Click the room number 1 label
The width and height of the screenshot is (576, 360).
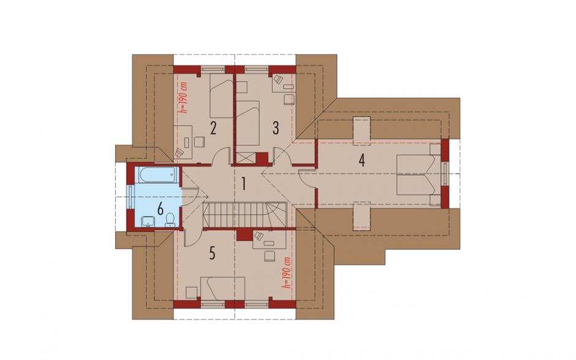[243, 183]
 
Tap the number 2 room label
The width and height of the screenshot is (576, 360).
[213, 128]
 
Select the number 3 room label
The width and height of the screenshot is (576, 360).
[276, 128]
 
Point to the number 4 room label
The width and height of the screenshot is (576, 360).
[362, 160]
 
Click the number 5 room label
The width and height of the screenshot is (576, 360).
[212, 253]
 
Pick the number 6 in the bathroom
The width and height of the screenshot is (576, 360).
[160, 209]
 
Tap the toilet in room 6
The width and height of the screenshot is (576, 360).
[170, 220]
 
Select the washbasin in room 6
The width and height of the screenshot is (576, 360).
[148, 221]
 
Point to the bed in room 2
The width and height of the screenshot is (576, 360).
[221, 96]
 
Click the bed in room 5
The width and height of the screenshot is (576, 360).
[222, 288]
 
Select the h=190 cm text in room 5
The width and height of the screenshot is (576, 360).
[287, 272]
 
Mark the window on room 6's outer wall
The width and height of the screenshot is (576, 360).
[130, 196]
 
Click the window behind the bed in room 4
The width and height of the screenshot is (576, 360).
[445, 174]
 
